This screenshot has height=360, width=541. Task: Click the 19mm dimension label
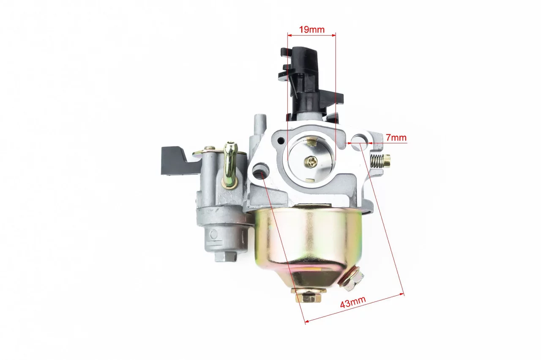tap(312, 30)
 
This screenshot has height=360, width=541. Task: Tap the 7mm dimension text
tap(396, 137)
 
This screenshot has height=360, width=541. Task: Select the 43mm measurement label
tap(353, 302)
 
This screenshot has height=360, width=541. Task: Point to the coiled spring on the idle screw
tap(377, 160)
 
